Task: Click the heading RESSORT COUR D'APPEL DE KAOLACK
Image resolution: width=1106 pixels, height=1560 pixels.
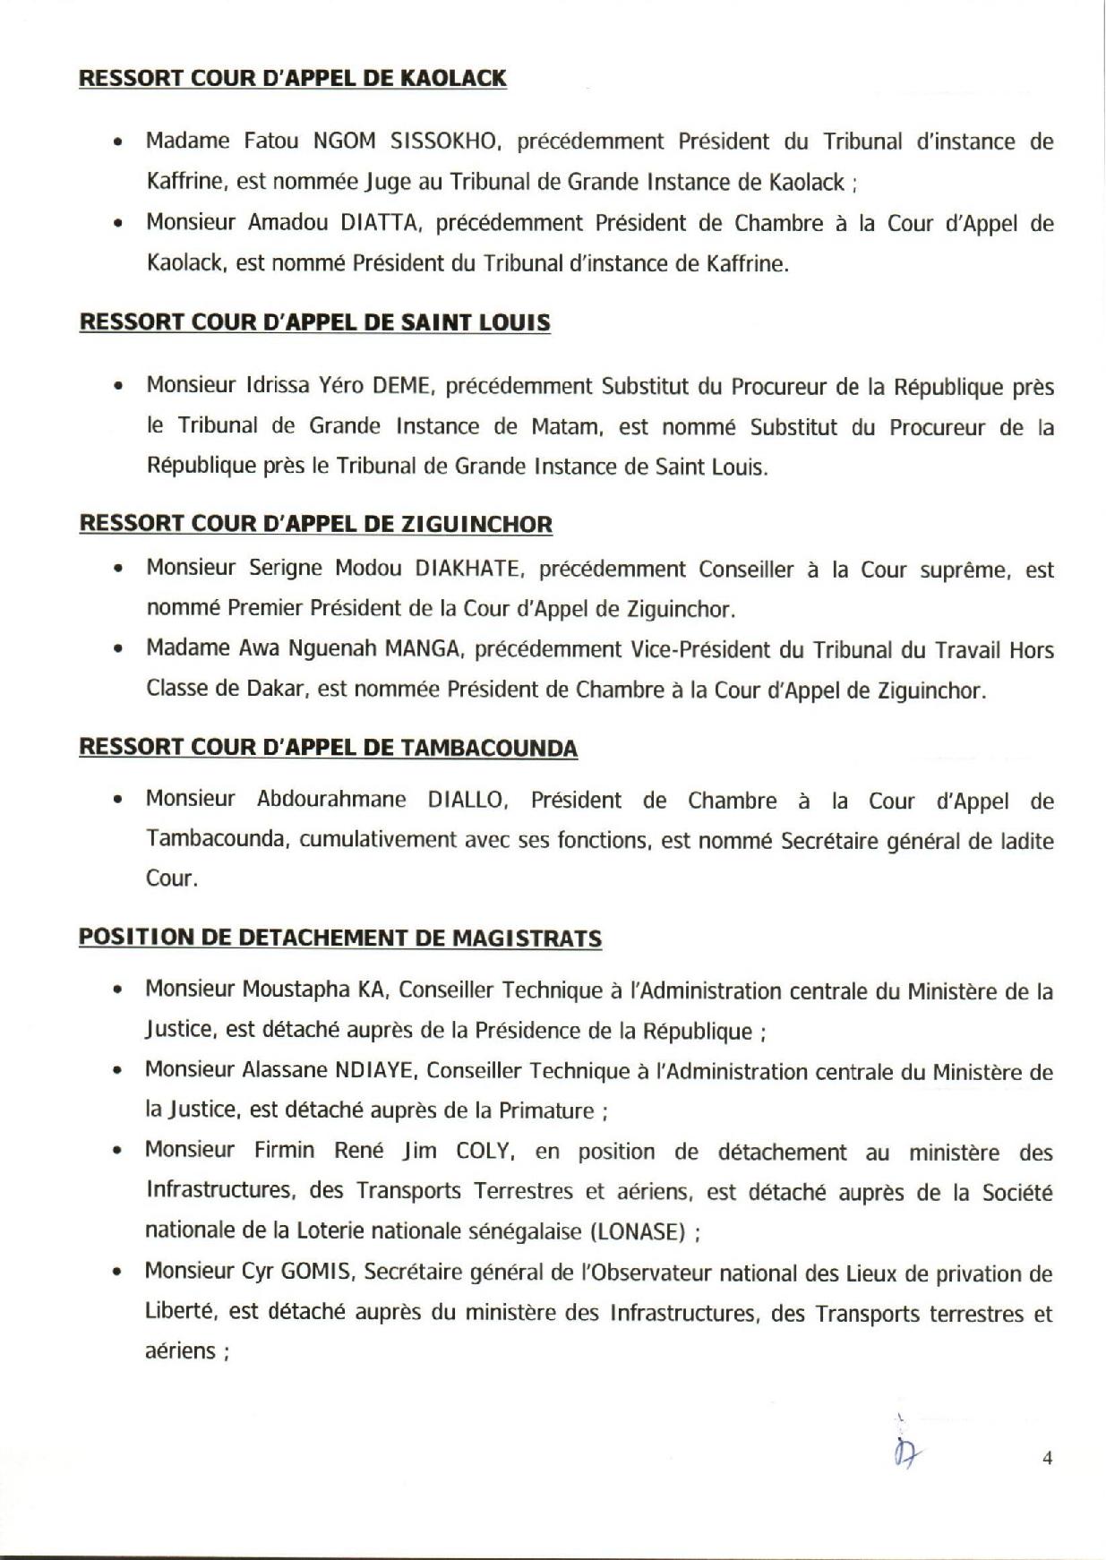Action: [x=293, y=79]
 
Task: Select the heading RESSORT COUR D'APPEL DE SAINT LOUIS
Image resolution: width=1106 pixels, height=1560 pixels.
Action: [x=314, y=322]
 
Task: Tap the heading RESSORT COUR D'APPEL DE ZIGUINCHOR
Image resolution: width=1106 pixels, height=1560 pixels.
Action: [x=315, y=524]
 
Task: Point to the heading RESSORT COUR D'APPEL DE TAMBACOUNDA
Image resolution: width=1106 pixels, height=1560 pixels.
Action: [x=328, y=748]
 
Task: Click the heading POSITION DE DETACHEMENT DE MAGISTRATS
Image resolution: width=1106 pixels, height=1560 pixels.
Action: [x=340, y=939]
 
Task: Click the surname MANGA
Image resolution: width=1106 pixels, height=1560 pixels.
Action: [x=422, y=649]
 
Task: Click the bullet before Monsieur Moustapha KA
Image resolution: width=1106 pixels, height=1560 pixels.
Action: [x=117, y=991]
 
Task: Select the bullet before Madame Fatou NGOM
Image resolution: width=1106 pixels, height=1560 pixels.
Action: [x=117, y=142]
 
